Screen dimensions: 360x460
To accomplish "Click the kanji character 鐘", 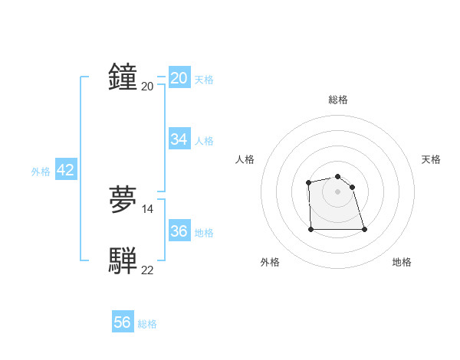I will (123, 77).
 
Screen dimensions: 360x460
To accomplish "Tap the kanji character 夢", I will (123, 200).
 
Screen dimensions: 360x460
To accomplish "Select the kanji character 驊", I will (123, 261).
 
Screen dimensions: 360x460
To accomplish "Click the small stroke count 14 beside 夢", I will (148, 208).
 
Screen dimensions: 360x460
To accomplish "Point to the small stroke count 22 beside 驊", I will (148, 270).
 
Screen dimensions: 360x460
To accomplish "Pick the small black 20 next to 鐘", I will (148, 86).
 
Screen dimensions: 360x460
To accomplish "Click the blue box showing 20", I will (179, 77).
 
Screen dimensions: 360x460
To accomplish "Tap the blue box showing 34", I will (179, 139).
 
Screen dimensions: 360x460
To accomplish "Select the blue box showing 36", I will (179, 231).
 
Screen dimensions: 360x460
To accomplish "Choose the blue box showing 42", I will (66, 170).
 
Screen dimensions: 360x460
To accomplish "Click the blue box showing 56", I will (123, 322).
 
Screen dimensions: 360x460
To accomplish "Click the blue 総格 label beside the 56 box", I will (147, 324).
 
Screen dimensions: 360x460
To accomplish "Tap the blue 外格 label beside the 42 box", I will (41, 172).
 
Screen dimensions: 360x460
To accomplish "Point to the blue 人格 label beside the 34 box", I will (204, 140).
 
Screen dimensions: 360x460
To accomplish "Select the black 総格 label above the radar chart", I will (338, 100).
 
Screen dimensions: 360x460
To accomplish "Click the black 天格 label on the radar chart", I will (431, 159).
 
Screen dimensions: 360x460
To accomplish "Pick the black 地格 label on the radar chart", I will (402, 263).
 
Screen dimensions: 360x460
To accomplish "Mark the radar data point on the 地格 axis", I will (364, 229).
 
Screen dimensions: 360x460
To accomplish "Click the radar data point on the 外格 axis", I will (311, 229).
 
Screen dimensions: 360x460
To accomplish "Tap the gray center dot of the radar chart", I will (338, 191).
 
